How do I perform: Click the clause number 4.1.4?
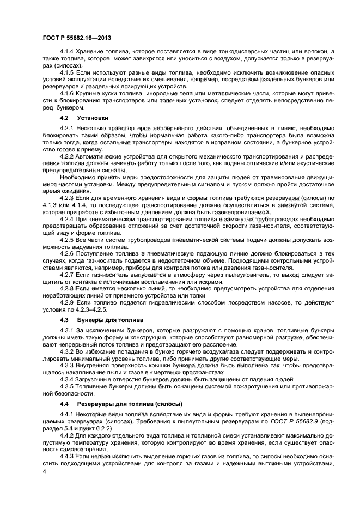coord(67,51)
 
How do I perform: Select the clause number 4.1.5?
coord(67,72)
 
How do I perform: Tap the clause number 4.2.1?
coord(67,127)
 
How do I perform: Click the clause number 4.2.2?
coord(67,156)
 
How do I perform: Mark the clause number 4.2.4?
coord(67,218)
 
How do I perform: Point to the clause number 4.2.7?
coord(67,275)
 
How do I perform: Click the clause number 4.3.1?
coord(67,331)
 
